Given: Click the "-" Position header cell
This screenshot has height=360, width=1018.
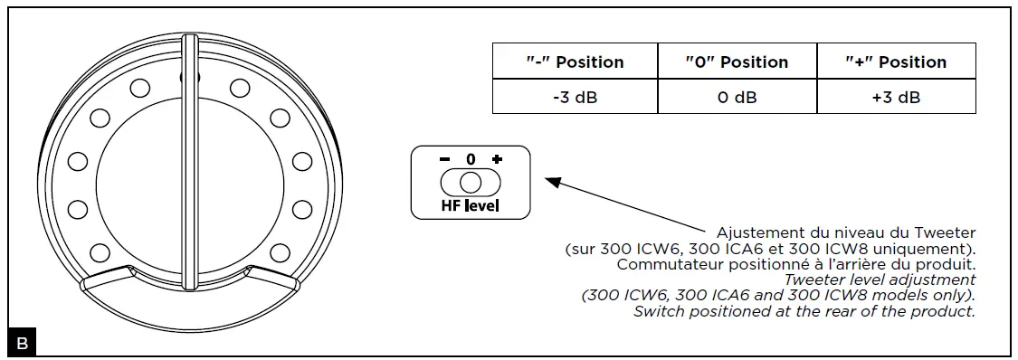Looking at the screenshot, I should click(575, 62).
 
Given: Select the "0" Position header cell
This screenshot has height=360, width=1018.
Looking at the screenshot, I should click(737, 62).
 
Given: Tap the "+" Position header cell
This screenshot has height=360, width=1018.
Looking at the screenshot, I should click(896, 62).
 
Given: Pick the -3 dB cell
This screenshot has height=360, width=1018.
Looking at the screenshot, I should click(575, 97).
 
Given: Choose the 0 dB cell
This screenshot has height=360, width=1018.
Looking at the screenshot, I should click(737, 97).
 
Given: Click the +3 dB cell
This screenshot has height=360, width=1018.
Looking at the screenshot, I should click(896, 97).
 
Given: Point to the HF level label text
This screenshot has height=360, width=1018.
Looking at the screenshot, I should click(471, 206).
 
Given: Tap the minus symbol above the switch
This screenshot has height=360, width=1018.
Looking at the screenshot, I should click(444, 159).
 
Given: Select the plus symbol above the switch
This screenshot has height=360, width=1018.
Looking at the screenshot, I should click(496, 159).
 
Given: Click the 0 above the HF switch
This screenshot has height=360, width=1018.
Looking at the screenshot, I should click(471, 159).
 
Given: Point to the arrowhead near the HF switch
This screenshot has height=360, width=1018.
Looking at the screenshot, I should click(552, 182).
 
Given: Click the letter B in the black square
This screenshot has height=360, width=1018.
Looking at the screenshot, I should click(21, 344).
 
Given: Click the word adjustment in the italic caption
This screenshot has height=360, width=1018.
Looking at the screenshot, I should click(932, 280).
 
